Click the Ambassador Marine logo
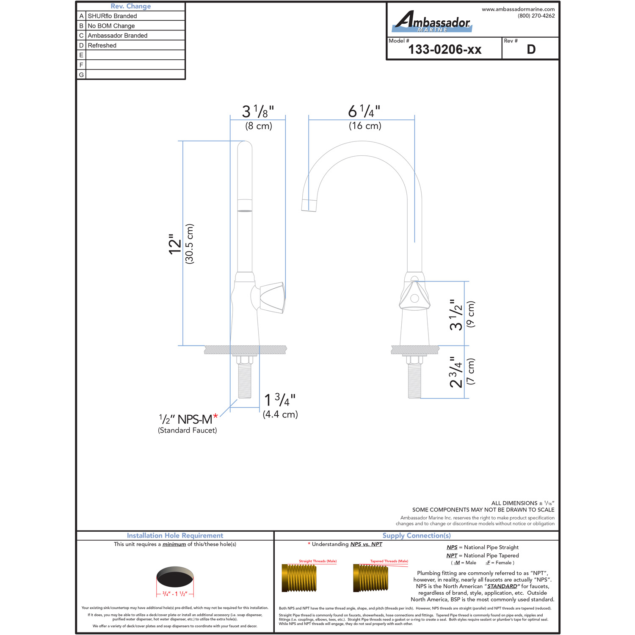(432, 22)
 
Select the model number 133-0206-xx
(445, 50)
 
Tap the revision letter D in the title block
(531, 50)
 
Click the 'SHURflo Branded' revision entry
(112, 16)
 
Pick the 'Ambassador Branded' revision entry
(118, 36)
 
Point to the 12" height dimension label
(175, 244)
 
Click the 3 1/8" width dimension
(258, 112)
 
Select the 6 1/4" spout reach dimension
(364, 112)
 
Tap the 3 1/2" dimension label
(456, 315)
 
